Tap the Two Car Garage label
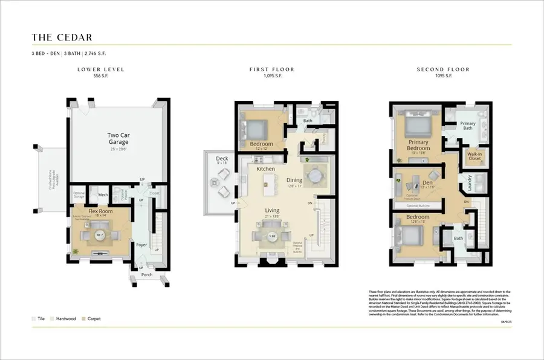pos(118,138)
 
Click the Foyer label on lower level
pos(141,245)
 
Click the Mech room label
pos(103,194)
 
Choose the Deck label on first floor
pos(222,159)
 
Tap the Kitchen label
pos(265,169)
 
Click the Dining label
pos(294,179)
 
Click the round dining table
pos(316,175)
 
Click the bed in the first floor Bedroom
pos(254,129)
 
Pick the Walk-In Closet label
pos(474,157)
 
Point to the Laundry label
pos(470,182)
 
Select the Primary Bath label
pos(468,126)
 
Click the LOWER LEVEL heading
pos(100,69)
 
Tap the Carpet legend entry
pos(94,318)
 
